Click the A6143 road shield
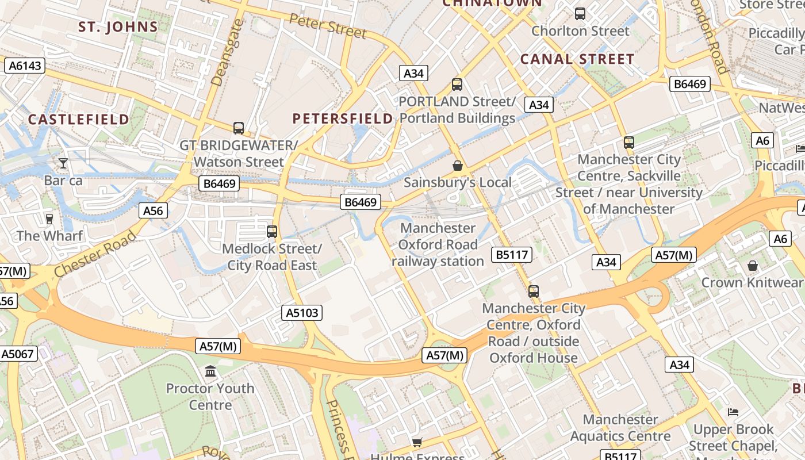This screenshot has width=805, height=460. pyautogui.click(x=26, y=66)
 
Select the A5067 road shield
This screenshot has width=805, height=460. pyautogui.click(x=18, y=354)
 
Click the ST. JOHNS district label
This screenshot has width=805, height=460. pyautogui.click(x=118, y=27)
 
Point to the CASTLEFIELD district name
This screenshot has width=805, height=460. pyautogui.click(x=79, y=120)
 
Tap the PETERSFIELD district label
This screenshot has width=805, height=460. pyautogui.click(x=343, y=119)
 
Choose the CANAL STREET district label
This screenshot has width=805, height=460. pyautogui.click(x=577, y=59)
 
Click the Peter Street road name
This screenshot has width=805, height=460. pyautogui.click(x=328, y=26)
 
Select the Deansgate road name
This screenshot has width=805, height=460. pyautogui.click(x=224, y=53)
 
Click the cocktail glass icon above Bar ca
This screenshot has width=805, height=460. pyautogui.click(x=63, y=163)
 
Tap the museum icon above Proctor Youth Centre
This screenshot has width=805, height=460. pyautogui.click(x=210, y=371)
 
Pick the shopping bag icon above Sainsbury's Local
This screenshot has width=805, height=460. pyautogui.click(x=458, y=166)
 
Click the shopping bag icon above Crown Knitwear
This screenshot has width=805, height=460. pyautogui.click(x=753, y=266)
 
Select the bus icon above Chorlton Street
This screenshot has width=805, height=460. pyautogui.click(x=580, y=13)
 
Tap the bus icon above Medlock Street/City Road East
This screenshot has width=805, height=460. pyautogui.click(x=272, y=232)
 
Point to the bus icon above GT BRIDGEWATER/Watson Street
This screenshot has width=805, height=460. pyautogui.click(x=239, y=128)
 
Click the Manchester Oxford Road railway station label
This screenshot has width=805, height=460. pyautogui.click(x=438, y=245)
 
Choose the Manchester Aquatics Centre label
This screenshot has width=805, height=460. pyautogui.click(x=620, y=428)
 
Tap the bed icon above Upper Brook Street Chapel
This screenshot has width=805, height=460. pyautogui.click(x=733, y=412)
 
